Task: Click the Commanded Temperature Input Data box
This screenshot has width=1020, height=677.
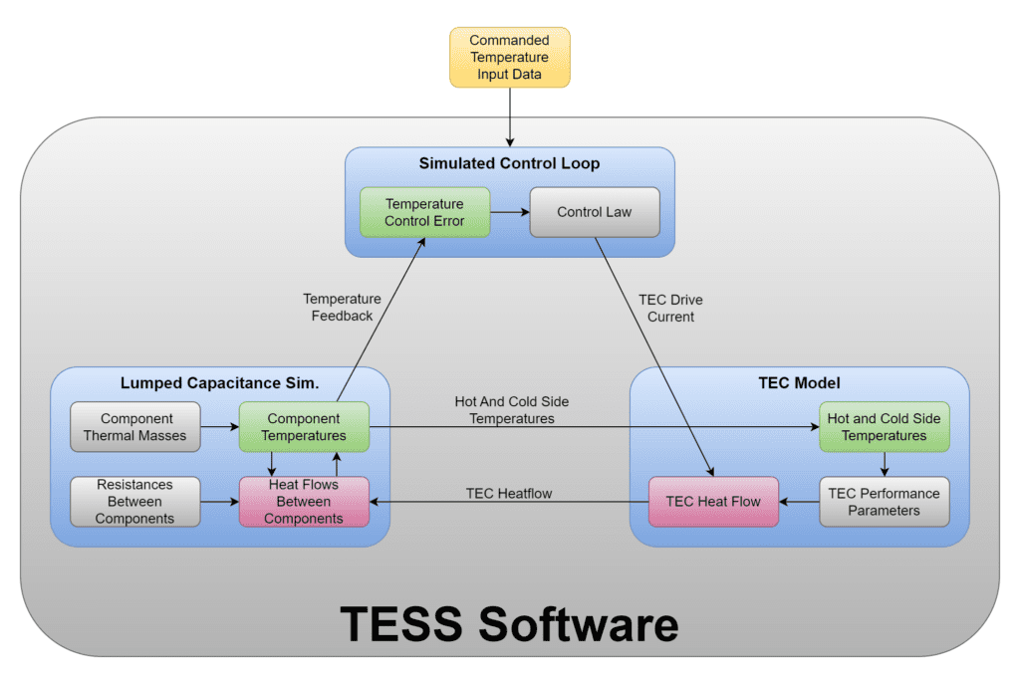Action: click(509, 58)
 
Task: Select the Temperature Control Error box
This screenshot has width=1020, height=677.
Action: click(425, 212)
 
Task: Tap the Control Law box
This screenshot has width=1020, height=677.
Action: click(595, 212)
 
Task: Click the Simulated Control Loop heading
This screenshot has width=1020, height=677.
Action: click(509, 163)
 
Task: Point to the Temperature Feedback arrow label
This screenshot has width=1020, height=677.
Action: click(342, 307)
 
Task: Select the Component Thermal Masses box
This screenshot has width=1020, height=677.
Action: click(135, 427)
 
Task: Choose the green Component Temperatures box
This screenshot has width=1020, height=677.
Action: click(304, 427)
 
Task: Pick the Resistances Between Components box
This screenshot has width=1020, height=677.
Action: click(135, 502)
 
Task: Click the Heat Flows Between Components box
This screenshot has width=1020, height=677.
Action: click(304, 502)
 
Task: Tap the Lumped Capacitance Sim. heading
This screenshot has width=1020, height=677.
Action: click(219, 383)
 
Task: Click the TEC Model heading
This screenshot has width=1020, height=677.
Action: click(799, 383)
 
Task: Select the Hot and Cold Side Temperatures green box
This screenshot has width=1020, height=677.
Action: click(884, 427)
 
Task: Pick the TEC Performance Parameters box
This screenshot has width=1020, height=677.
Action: click(884, 502)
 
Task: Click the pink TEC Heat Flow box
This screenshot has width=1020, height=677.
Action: click(713, 502)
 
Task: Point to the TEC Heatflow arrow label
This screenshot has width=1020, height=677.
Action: click(509, 493)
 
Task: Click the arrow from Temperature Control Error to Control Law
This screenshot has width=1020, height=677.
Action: click(510, 212)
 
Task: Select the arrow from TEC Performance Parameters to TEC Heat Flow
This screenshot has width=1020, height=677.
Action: click(799, 502)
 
